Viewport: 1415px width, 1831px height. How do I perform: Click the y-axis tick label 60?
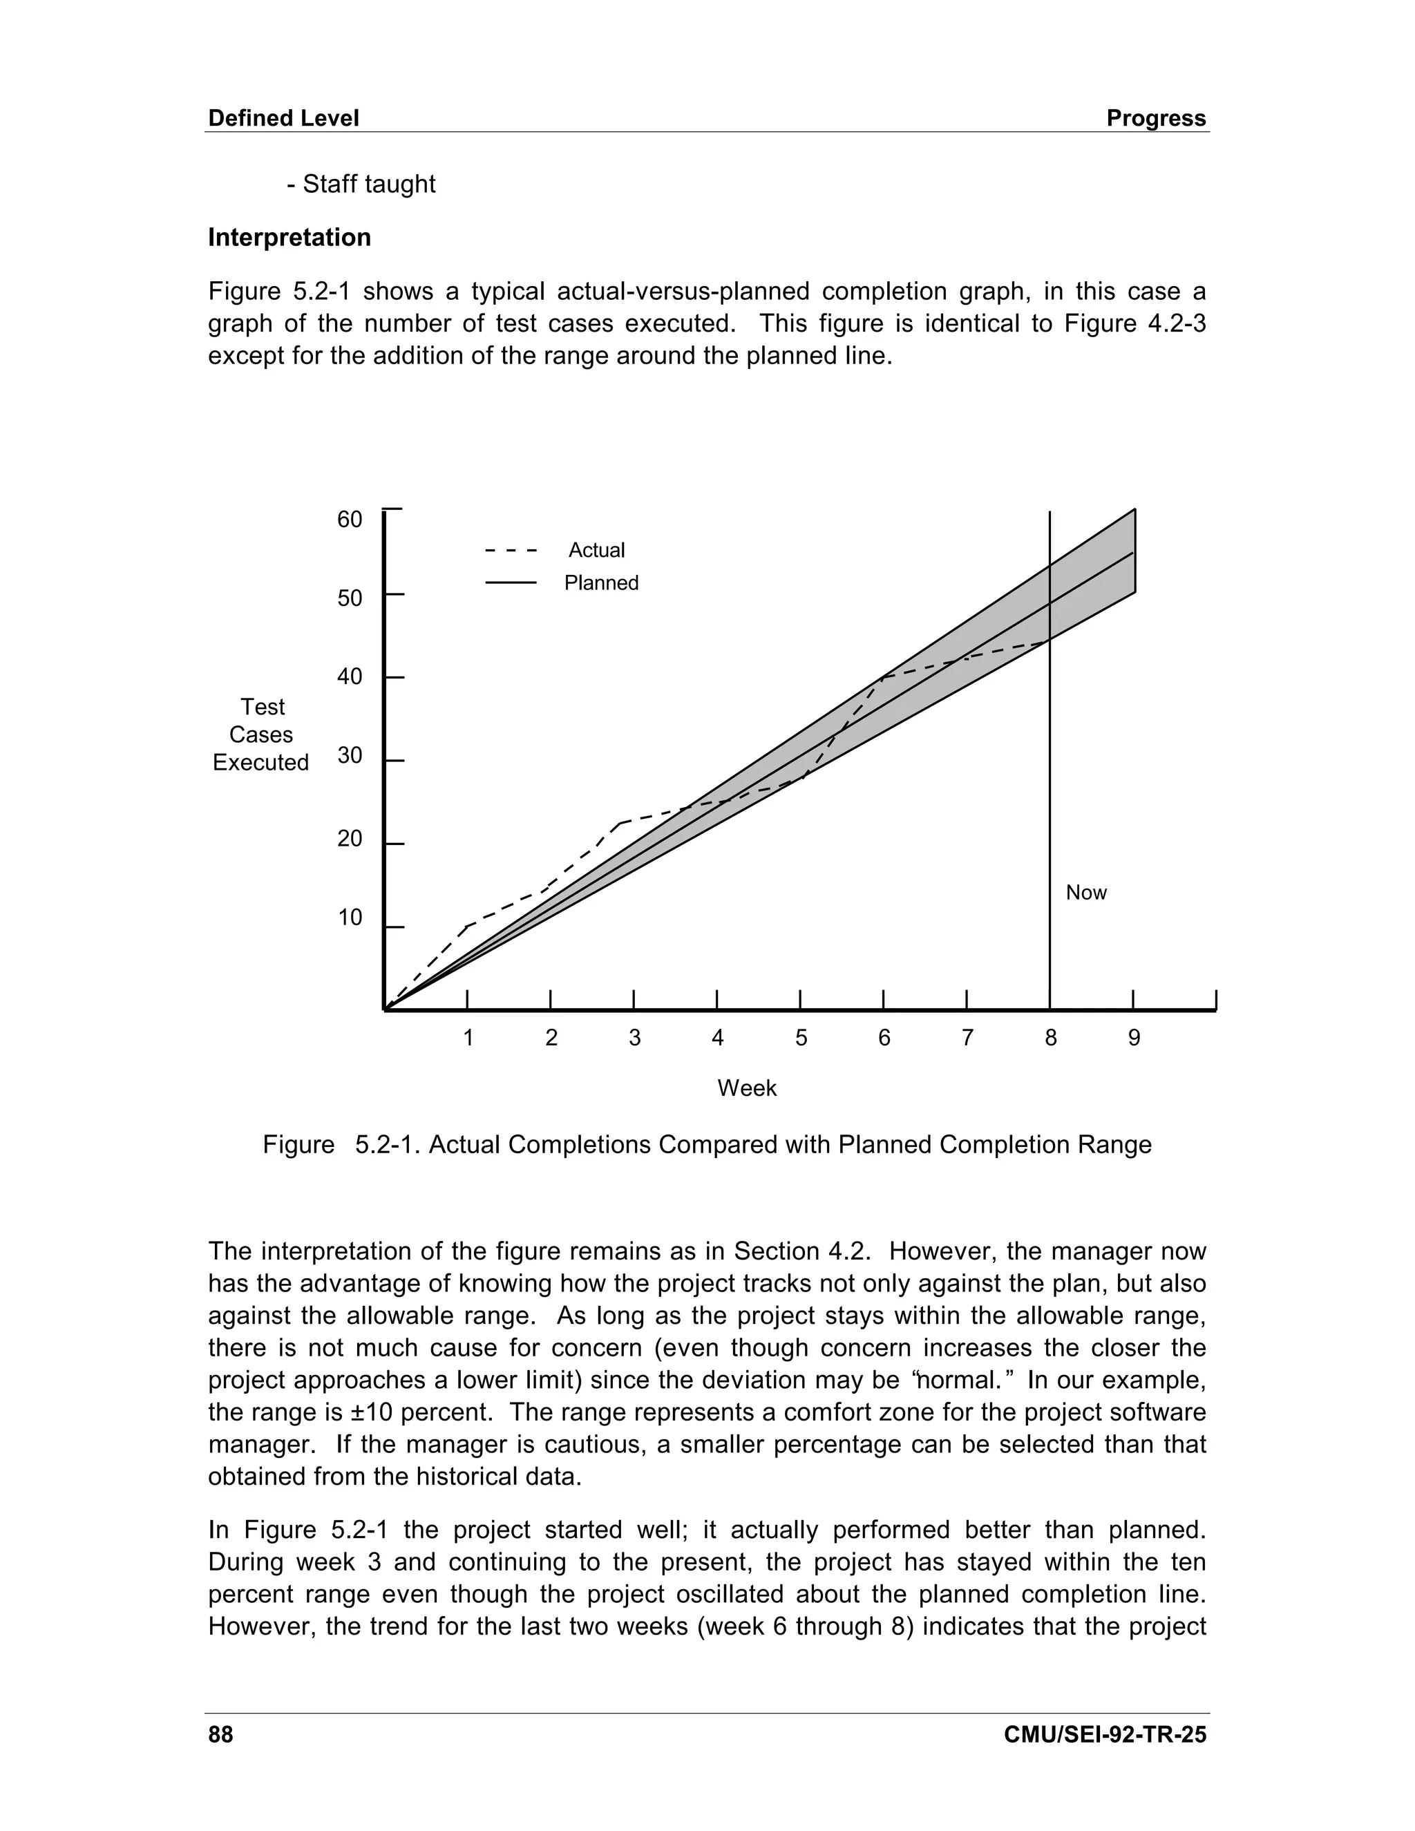350,520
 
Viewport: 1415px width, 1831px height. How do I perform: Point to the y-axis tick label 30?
350,755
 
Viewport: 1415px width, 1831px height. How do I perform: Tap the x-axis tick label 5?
801,1038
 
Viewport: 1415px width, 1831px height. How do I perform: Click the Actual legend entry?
596,550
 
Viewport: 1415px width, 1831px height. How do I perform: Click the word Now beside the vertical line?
1085,892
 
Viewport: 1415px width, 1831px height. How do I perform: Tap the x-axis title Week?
747,1088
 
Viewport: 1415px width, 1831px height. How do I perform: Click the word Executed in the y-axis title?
260,762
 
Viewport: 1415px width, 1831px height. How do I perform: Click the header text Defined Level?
283,118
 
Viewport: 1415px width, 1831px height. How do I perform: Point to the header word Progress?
1156,118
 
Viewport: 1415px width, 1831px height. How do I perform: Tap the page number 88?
220,1734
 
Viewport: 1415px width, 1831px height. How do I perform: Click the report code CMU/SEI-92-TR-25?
1105,1734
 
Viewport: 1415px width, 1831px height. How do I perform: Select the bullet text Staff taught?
368,184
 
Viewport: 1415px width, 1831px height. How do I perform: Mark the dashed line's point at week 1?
467,926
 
